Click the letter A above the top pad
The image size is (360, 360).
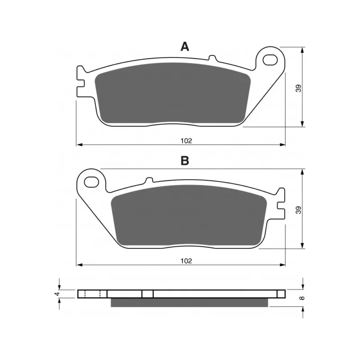(185, 47)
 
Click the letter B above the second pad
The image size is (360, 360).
(185, 161)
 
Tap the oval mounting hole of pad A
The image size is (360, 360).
(270, 60)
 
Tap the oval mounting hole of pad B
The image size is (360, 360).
(92, 182)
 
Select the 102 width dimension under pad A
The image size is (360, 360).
(186, 141)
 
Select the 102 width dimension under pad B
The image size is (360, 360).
(186, 261)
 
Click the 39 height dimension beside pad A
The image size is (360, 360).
(298, 88)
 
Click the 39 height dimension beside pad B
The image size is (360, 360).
(298, 210)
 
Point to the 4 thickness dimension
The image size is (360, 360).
(58, 294)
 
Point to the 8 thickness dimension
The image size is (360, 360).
(302, 298)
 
